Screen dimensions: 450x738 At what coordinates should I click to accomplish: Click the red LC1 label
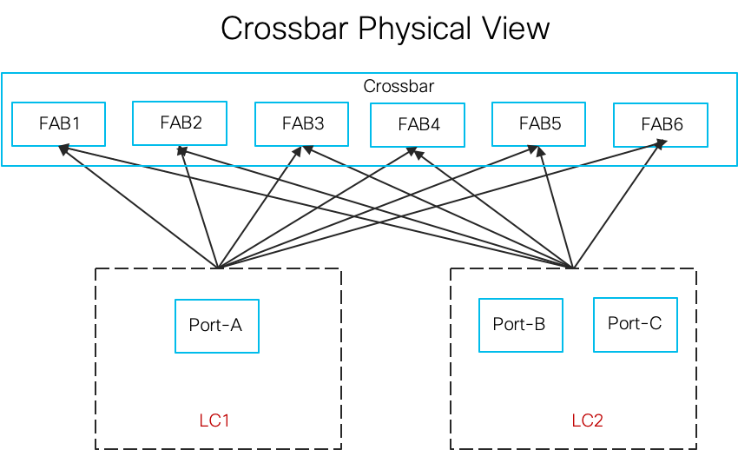pos(214,421)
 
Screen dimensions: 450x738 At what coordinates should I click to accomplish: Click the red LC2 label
pos(587,421)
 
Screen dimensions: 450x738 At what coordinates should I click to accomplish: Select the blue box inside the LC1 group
pos(217,327)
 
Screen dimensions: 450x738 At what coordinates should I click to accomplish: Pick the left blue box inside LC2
pos(521,326)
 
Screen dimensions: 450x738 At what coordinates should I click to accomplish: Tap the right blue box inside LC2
pos(636,325)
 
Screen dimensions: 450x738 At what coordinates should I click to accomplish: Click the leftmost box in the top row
pos(58,124)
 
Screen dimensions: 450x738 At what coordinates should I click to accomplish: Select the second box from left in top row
pos(180,123)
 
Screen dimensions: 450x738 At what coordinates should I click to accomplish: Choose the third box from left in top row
pos(301,124)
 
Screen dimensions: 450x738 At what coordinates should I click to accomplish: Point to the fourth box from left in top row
pos(418,125)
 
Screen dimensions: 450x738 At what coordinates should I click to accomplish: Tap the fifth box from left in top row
pos(538,124)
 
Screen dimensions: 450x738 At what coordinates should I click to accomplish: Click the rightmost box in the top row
pos(661,125)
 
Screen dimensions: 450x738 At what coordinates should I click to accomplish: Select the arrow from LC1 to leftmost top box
pos(139,206)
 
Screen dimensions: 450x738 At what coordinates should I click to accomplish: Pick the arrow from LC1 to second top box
pos(199,207)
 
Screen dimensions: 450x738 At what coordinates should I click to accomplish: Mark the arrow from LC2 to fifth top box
pos(556,207)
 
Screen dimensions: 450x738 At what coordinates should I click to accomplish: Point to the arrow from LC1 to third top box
pos(259,207)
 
